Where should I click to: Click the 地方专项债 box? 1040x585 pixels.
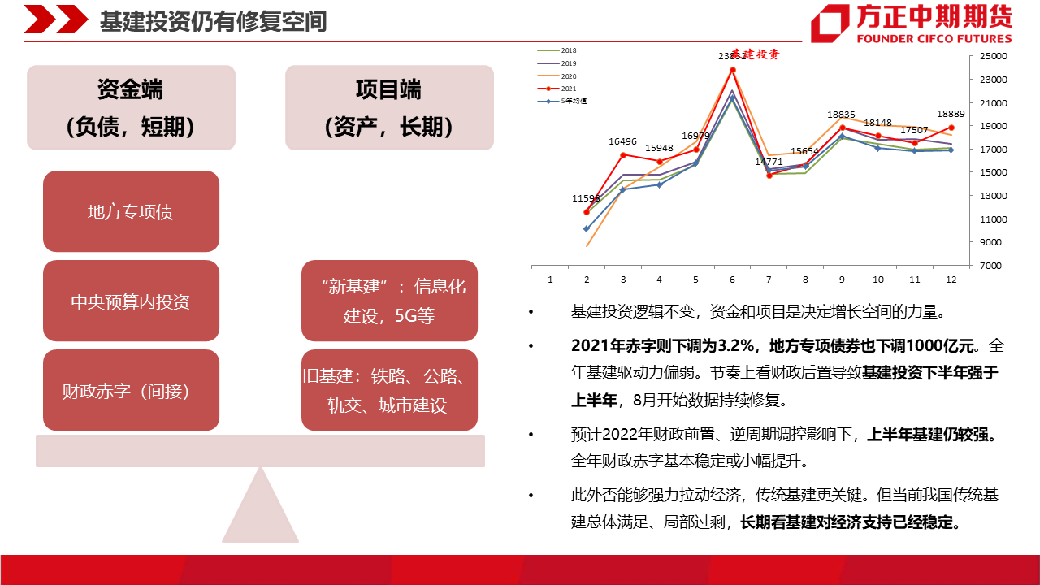(x=131, y=211)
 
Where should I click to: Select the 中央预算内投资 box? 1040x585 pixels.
(x=131, y=301)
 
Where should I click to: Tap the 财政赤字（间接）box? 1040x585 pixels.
(x=131, y=390)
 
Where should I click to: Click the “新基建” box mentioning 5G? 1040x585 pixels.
(x=389, y=301)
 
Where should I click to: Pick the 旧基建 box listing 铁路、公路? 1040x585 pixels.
(x=389, y=390)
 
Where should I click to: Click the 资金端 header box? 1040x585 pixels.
(x=131, y=108)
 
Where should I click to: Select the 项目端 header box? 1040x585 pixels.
(x=389, y=108)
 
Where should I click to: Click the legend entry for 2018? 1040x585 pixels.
(x=557, y=50)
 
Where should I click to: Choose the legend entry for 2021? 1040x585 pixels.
(x=557, y=89)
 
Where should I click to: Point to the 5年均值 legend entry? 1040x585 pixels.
(x=562, y=101)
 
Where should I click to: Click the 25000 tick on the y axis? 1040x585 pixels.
(x=993, y=56)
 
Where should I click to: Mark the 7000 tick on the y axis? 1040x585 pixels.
(x=990, y=266)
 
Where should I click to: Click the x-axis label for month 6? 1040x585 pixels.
(x=732, y=279)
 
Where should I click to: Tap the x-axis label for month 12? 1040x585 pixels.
(x=951, y=279)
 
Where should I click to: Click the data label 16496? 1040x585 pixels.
(x=622, y=141)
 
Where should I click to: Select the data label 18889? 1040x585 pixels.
(x=951, y=114)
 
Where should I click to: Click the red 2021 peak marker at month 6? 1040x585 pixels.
(x=733, y=70)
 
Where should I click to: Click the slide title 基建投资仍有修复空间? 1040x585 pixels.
(x=214, y=21)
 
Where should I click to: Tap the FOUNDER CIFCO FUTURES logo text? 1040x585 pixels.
(x=934, y=38)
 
